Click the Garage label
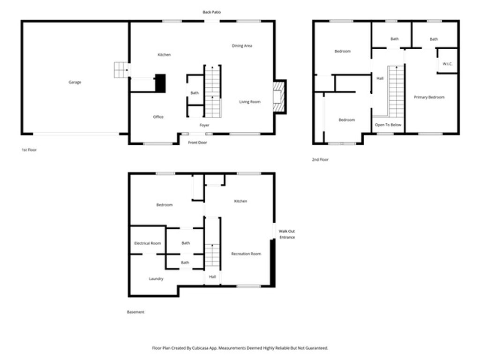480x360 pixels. [x=75, y=82]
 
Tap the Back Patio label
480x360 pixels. [x=211, y=12]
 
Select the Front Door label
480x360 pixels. [x=197, y=142]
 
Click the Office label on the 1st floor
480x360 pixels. [x=158, y=117]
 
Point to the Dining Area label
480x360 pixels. [x=242, y=46]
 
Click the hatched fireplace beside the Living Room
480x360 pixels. [x=279, y=97]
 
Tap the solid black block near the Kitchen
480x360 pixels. [x=160, y=83]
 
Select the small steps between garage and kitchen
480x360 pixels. [x=121, y=70]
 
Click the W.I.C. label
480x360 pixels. [x=447, y=64]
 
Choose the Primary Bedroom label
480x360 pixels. [x=429, y=97]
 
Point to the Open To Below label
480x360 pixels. [x=388, y=125]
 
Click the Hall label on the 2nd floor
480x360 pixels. [x=380, y=78]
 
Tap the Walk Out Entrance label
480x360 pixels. [x=287, y=234]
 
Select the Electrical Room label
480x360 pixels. [x=148, y=243]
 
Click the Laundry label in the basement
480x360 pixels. [x=156, y=279]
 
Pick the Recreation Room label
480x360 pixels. [x=246, y=254]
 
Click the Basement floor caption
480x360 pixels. [x=136, y=312]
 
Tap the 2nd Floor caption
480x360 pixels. [x=320, y=160]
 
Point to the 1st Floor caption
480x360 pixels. [x=29, y=150]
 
